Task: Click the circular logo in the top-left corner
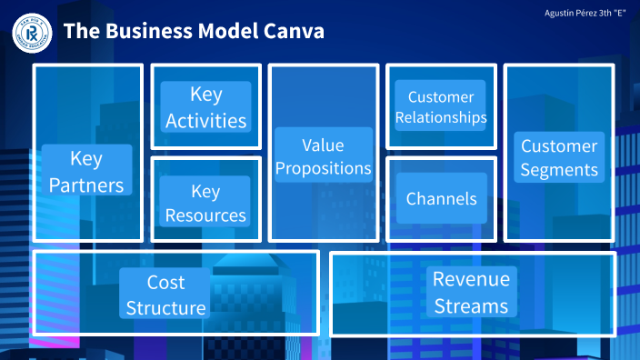pyautogui.click(x=30, y=32)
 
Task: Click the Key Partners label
pyautogui.click(x=86, y=172)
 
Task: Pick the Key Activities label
pyautogui.click(x=205, y=107)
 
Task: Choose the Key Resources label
pyautogui.click(x=205, y=203)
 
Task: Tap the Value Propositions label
pyautogui.click(x=324, y=156)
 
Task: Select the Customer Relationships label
pyautogui.click(x=441, y=107)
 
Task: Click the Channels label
pyautogui.click(x=441, y=198)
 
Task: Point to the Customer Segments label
pyautogui.click(x=559, y=157)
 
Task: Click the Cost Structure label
pyautogui.click(x=165, y=295)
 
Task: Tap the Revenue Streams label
pyautogui.click(x=471, y=292)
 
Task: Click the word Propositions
pyautogui.click(x=324, y=169)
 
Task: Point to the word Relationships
pyautogui.click(x=441, y=117)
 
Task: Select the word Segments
pyautogui.click(x=559, y=170)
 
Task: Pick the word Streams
pyautogui.click(x=471, y=305)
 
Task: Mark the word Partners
pyautogui.click(x=86, y=185)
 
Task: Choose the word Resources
pyautogui.click(x=205, y=215)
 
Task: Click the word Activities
pyautogui.click(x=205, y=121)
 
